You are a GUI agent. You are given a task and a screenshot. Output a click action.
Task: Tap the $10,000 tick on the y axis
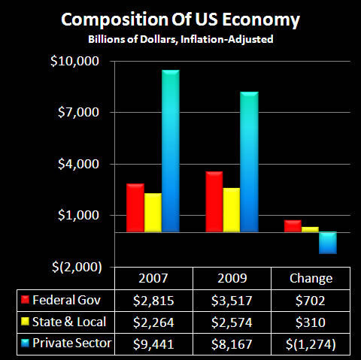78,61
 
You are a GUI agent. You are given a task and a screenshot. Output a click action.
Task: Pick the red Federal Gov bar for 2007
135,208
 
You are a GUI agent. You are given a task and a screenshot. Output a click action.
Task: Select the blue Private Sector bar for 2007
171,151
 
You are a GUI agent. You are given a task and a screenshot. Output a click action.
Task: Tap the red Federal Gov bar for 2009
214,202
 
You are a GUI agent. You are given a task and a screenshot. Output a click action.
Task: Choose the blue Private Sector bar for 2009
250,162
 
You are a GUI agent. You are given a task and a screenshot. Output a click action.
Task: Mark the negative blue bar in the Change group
328,243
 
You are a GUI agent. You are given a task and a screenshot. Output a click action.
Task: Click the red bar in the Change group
293,226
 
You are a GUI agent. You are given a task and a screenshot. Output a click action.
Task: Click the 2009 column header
232,278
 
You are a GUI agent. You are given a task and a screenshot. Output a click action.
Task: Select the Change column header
311,278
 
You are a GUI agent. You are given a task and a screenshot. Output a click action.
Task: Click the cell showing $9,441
153,344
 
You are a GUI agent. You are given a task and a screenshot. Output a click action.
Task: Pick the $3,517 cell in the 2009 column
232,301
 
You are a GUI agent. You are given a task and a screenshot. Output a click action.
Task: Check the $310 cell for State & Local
311,322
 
